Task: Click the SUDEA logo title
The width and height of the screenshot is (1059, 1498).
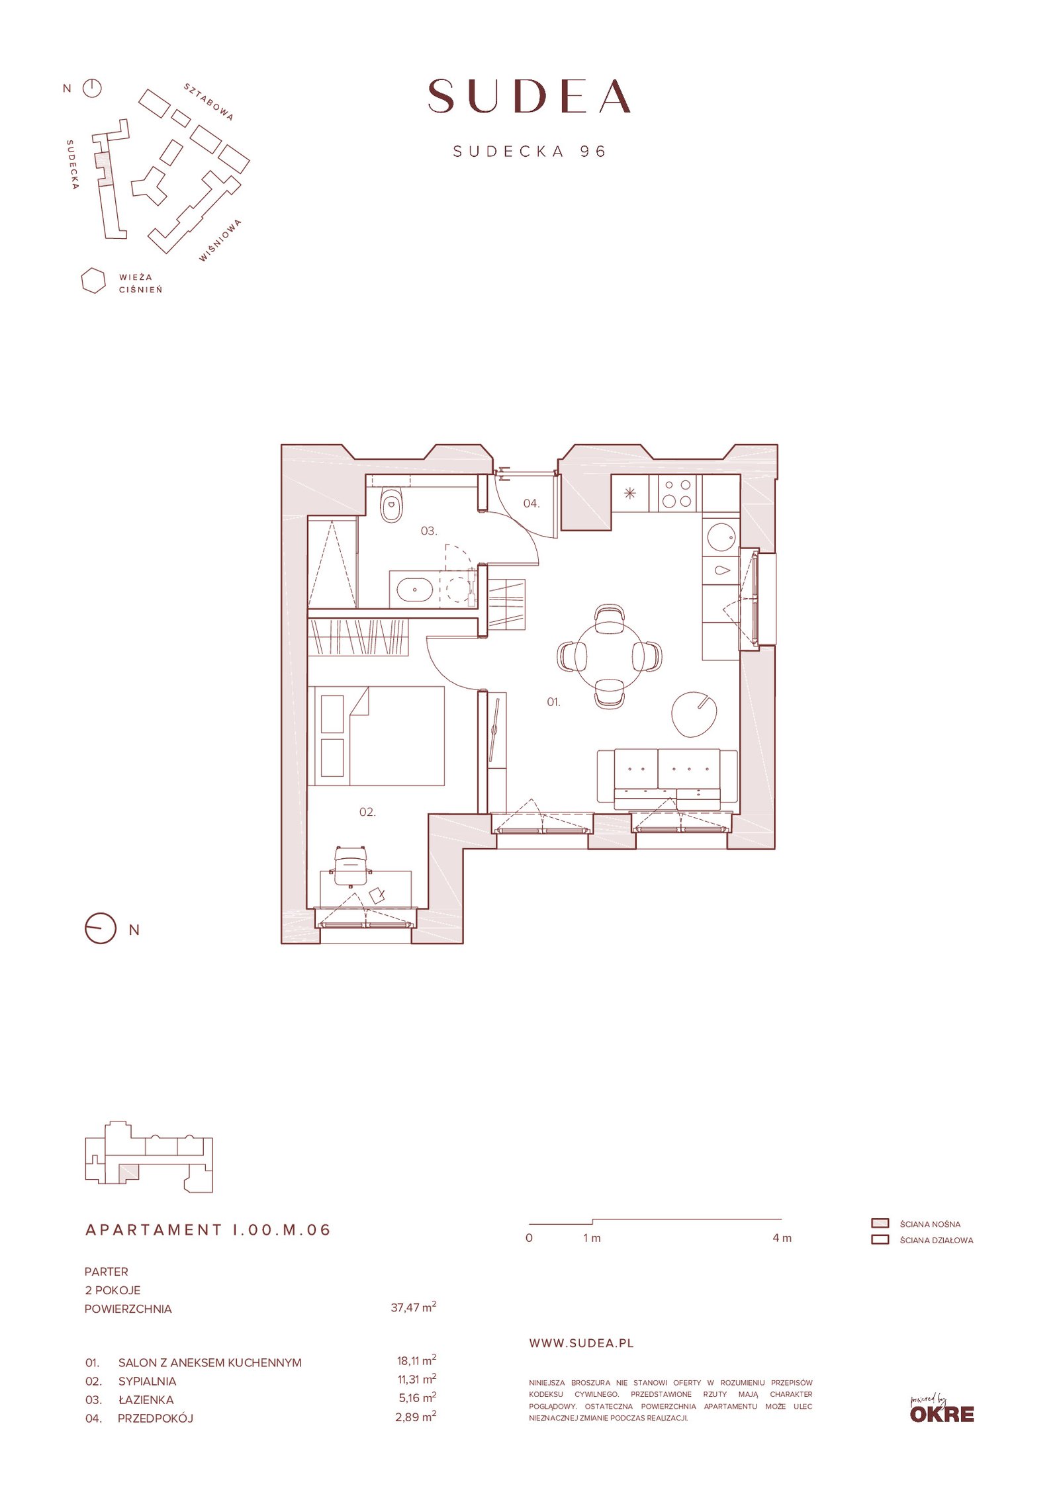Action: point(529,96)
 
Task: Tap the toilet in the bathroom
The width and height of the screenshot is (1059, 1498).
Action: point(392,506)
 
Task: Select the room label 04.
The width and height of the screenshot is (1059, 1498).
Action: point(531,504)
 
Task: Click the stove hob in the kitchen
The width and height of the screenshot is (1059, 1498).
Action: point(677,494)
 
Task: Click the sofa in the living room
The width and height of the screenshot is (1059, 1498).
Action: point(667,779)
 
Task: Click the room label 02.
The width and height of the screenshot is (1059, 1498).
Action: point(367,813)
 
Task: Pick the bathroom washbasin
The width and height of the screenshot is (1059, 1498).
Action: point(414,587)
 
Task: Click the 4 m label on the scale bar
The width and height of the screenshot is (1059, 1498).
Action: point(782,1238)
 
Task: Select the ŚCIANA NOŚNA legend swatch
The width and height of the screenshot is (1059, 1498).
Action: point(880,1223)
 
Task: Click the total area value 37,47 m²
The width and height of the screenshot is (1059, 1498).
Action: point(414,1308)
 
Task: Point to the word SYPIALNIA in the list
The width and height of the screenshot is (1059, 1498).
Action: point(147,1382)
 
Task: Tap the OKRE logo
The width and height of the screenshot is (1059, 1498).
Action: point(942,1410)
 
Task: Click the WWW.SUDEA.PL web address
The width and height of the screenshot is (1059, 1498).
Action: point(582,1343)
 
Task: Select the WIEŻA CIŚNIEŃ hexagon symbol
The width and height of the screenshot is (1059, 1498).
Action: point(93,281)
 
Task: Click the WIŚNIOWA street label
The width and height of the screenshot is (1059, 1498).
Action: point(220,241)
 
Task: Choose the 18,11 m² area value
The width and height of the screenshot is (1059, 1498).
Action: point(416,1362)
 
